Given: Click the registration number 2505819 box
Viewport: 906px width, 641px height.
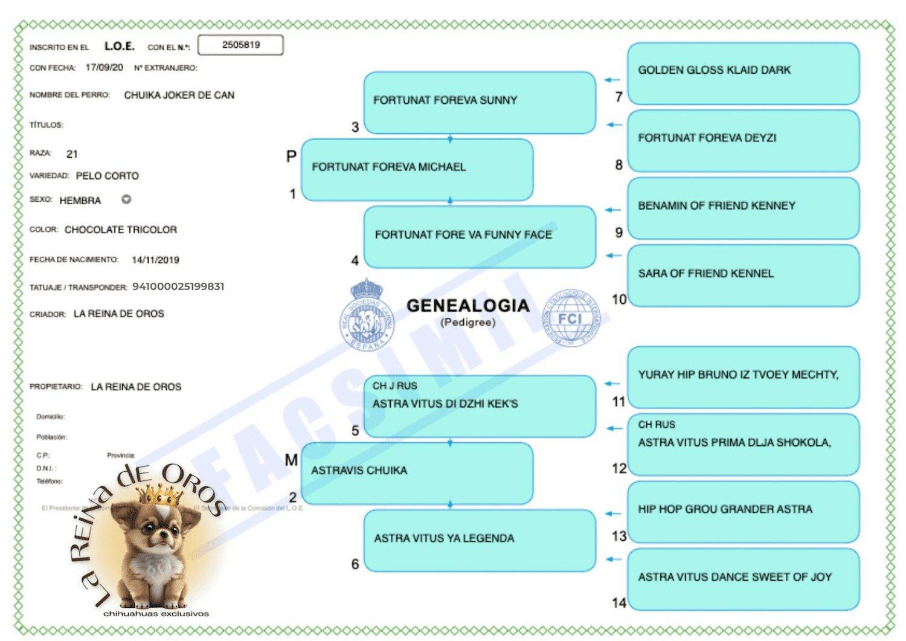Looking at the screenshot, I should [240, 45].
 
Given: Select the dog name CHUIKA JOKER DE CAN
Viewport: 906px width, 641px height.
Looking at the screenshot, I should [179, 95].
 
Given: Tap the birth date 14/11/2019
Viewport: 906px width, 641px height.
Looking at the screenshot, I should [155, 260].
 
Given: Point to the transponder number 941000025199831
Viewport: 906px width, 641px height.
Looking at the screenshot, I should [178, 286].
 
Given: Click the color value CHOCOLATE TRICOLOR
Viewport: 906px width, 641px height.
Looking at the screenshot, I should [121, 230].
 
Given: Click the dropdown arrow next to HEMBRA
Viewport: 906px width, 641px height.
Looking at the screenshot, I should [126, 199].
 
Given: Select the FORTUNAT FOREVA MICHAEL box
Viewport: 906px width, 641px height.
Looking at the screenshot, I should [417, 170].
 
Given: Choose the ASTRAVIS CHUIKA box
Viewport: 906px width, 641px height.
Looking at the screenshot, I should [417, 473].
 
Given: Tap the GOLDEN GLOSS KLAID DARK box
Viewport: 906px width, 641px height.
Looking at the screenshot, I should [743, 72].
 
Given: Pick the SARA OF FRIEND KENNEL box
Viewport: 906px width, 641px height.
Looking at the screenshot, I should [743, 275].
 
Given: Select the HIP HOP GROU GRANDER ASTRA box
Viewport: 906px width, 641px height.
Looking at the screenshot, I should [743, 511].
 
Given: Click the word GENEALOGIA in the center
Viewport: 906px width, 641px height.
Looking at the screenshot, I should [467, 306].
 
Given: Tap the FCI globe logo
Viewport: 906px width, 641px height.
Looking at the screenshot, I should [570, 318].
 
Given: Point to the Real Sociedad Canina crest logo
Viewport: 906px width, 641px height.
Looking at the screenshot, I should [365, 316].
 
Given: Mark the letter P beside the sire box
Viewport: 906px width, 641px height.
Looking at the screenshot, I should [291, 156].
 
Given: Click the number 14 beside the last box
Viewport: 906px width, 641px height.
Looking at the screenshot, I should [618, 603].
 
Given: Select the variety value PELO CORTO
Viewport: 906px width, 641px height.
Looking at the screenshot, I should [107, 176].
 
